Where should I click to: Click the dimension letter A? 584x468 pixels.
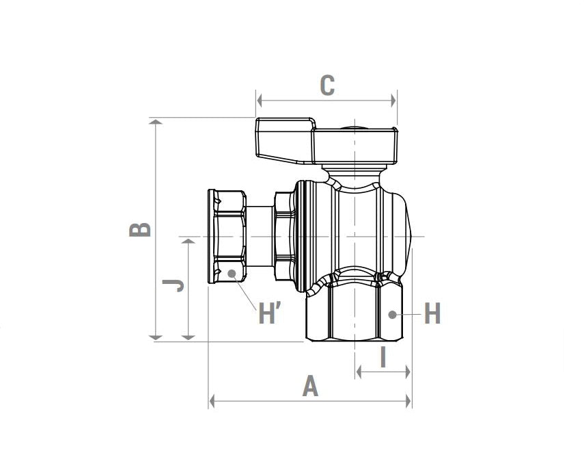pos(311,387)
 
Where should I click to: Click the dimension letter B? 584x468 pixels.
pos(140,229)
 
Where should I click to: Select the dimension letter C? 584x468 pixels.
pos(327,86)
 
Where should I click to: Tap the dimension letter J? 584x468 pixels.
pos(173,285)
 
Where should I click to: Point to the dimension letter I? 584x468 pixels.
pos(383,356)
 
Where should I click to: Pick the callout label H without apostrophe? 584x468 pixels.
pos(432,313)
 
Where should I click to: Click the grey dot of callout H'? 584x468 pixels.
pos(232,273)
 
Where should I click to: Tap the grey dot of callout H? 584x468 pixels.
pos(392,315)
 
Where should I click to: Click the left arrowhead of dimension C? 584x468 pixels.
pos(260,100)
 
